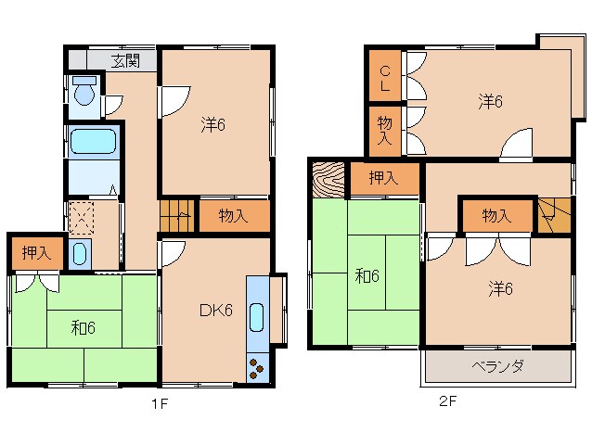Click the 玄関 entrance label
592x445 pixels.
click(x=125, y=61)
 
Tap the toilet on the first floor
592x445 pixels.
click(x=84, y=95)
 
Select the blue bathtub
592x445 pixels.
click(x=93, y=143)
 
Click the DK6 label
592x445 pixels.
click(x=215, y=310)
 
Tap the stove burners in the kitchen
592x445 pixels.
click(x=255, y=369)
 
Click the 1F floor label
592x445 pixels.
click(x=161, y=403)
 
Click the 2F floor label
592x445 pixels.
click(x=449, y=401)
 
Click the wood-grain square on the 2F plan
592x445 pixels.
click(x=329, y=179)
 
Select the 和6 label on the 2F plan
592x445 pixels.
click(x=367, y=275)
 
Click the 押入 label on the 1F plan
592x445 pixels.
click(x=37, y=251)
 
